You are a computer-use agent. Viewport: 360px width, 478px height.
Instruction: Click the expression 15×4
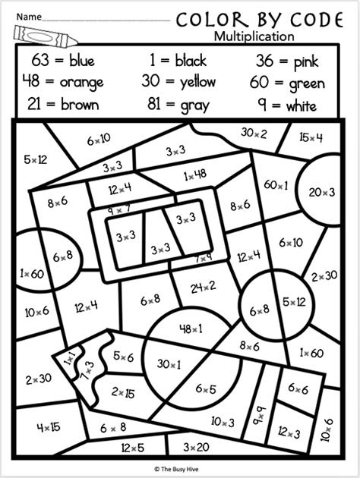(311, 137)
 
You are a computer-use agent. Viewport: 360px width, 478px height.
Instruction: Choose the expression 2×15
(124, 392)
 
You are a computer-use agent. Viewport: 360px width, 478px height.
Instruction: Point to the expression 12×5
(131, 447)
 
